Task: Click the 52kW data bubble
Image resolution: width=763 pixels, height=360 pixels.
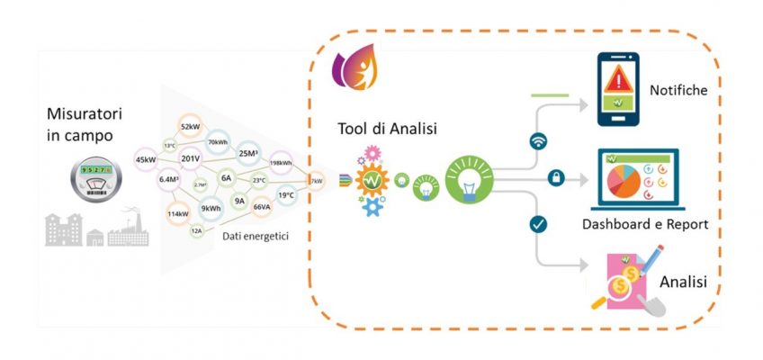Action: coord(190,127)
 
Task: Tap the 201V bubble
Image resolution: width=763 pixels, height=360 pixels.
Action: coord(190,159)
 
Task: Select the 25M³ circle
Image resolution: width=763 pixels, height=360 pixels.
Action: coord(249,153)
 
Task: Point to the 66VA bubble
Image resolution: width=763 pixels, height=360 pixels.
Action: coord(262,207)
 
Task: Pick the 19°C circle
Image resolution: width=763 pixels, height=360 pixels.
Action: coord(286,194)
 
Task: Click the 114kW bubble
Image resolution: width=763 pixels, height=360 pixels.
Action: coord(177,214)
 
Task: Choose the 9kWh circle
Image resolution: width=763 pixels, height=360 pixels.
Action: coord(211,209)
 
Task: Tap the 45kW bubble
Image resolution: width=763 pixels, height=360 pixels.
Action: coord(146,159)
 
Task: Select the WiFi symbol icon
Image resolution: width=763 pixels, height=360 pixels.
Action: coord(539,141)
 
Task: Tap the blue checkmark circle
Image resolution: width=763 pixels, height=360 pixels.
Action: coord(539,224)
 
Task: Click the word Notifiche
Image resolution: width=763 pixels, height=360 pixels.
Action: coord(678,91)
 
